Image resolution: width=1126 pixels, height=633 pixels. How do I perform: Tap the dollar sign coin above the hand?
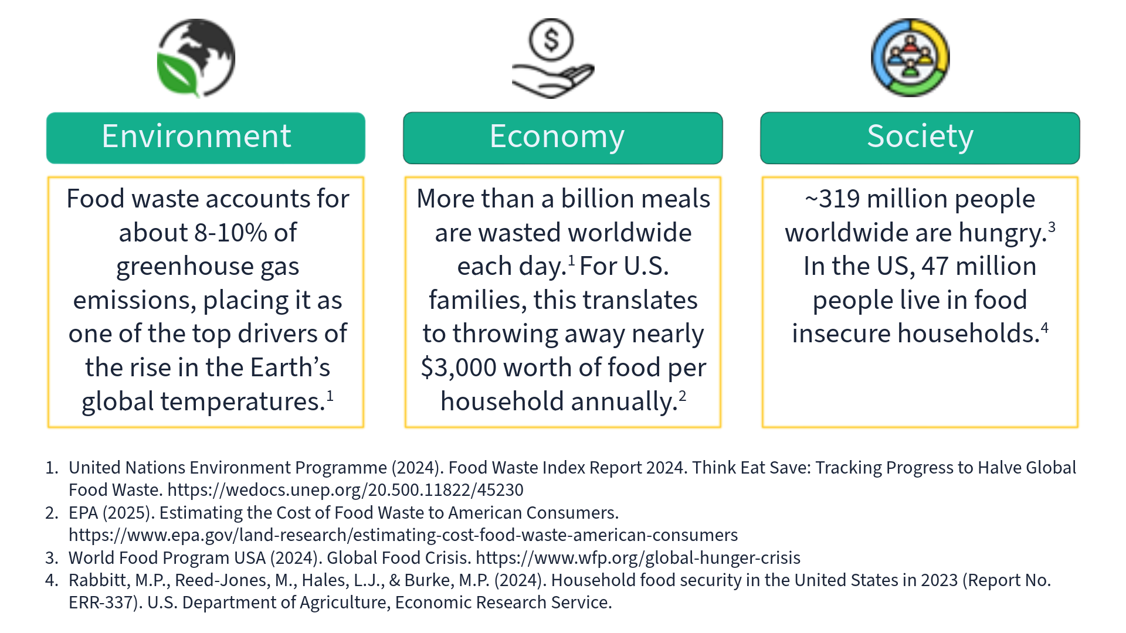(x=551, y=40)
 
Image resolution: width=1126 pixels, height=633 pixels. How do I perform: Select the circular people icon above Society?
(x=910, y=57)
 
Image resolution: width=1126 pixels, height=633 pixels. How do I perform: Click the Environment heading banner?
(x=206, y=138)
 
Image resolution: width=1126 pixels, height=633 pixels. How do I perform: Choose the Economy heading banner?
(x=562, y=138)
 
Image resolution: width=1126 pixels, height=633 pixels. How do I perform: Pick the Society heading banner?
(x=920, y=138)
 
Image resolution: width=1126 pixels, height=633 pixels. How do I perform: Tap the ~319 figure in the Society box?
(x=833, y=199)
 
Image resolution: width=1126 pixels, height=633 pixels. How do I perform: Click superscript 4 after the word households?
(x=1044, y=328)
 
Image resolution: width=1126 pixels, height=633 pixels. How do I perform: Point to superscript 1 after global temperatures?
(x=330, y=396)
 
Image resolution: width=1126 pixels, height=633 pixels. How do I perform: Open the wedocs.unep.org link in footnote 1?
(x=345, y=490)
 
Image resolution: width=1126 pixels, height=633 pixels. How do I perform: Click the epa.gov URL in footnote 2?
(x=403, y=535)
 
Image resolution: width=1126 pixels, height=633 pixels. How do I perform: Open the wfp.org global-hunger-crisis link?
(x=637, y=558)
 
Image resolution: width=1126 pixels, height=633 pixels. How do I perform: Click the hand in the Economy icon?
(x=551, y=82)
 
